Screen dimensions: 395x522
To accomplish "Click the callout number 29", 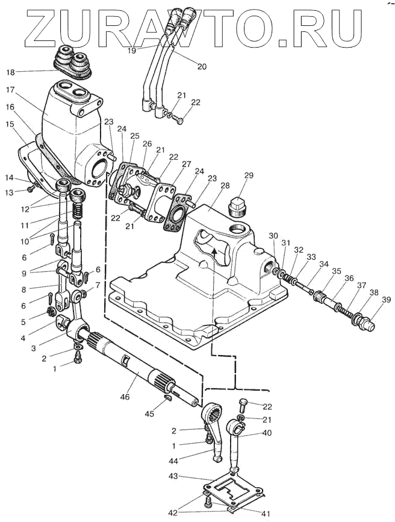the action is [x=249, y=175].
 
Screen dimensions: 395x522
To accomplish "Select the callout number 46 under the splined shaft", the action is [x=125, y=397].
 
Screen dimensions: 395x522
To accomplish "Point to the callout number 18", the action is [x=10, y=72].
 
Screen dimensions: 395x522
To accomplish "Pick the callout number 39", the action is [x=386, y=300].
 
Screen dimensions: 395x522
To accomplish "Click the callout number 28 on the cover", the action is [x=225, y=186].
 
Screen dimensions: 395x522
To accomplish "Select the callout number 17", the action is [x=11, y=90].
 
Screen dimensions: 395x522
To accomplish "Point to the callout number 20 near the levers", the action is [x=202, y=66].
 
